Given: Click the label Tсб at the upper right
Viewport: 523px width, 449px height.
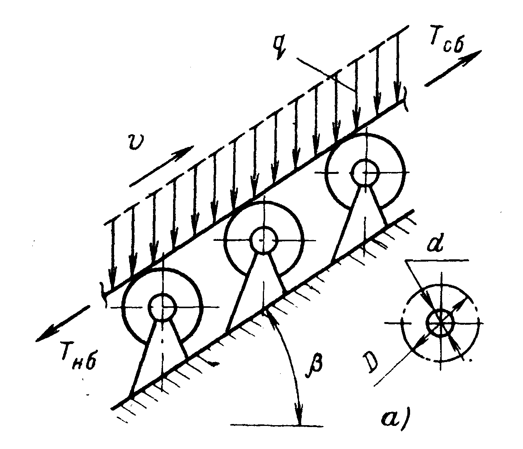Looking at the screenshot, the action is (x=446, y=43).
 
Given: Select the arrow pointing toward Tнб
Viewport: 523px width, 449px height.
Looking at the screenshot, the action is (x=63, y=324).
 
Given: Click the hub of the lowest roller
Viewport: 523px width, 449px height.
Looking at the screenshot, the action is (x=162, y=307).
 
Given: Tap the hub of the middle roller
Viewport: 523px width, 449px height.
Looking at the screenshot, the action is (x=264, y=240).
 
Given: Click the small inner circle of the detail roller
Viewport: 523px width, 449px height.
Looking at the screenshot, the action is (x=440, y=323).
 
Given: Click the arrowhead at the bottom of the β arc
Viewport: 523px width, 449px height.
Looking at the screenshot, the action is (x=300, y=421).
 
